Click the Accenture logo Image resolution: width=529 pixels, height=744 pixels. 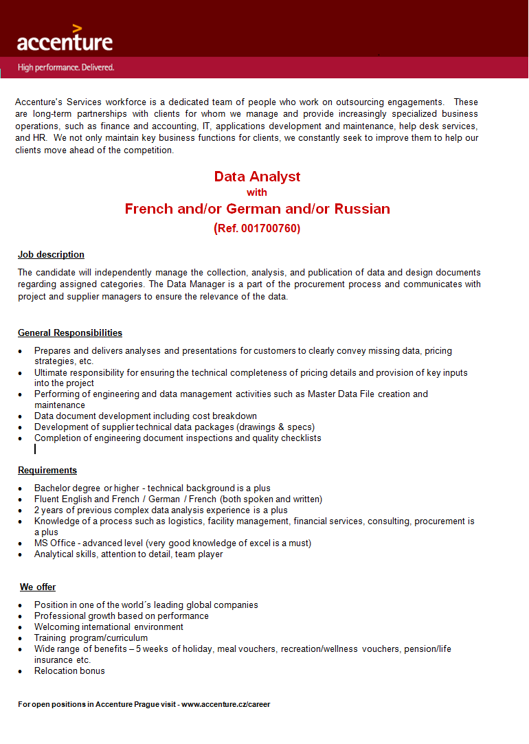pos(65,40)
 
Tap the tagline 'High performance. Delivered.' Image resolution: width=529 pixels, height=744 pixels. pos(66,67)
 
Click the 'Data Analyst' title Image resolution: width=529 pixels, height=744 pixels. pos(257,177)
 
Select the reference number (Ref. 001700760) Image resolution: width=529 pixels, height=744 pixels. pos(257,228)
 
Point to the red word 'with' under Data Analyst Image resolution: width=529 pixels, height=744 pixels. pos(257,192)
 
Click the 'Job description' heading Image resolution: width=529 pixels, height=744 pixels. pos(51,255)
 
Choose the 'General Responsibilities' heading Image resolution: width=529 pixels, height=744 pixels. pos(70,333)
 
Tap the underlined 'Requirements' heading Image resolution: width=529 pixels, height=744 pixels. pos(47,471)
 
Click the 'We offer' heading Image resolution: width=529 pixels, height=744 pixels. pos(38,587)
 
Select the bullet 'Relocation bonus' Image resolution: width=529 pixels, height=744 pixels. pos(69,670)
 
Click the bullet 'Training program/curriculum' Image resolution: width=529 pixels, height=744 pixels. pos(91,638)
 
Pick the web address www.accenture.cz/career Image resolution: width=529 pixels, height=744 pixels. pos(225,704)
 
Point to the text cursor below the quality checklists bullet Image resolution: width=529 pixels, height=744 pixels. pos(35,449)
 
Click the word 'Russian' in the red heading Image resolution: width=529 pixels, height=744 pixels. pos(362,209)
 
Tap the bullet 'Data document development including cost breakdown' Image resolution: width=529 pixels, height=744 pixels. pos(146,416)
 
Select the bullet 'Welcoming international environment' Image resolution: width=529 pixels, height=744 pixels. pos(109,627)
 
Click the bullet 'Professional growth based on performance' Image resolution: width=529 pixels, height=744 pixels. pos(122,616)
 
